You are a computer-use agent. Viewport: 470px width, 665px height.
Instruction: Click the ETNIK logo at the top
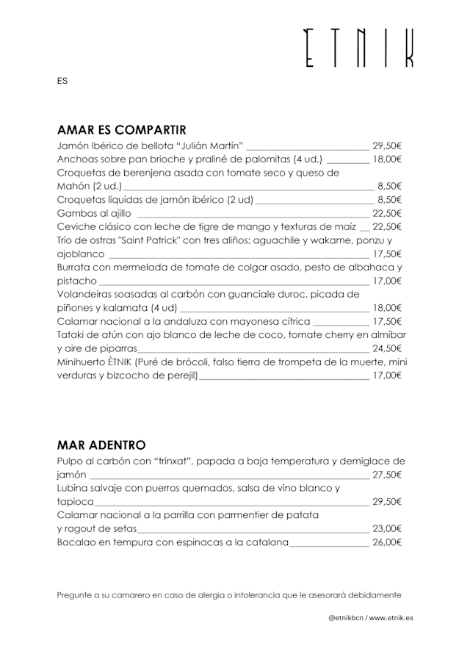click(x=359, y=49)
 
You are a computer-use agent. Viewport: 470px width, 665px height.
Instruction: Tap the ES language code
click(x=62, y=81)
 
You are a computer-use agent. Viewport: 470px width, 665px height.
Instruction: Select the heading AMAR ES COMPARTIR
click(x=121, y=130)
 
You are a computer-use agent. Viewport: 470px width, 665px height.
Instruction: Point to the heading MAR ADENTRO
click(x=101, y=445)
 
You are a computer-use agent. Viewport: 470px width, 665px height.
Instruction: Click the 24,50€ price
click(x=387, y=348)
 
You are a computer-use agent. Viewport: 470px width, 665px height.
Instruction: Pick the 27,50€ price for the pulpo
click(x=387, y=475)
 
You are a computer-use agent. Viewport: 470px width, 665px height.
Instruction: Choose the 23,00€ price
click(x=387, y=528)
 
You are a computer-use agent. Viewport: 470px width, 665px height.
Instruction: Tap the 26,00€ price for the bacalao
click(x=387, y=542)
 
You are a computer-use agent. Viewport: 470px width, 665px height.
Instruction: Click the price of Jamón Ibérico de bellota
click(x=387, y=145)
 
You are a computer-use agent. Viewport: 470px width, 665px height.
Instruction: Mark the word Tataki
click(x=73, y=334)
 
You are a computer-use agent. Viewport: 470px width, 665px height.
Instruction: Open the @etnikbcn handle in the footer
click(x=345, y=618)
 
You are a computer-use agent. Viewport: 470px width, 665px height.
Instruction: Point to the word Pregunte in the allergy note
click(x=74, y=594)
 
